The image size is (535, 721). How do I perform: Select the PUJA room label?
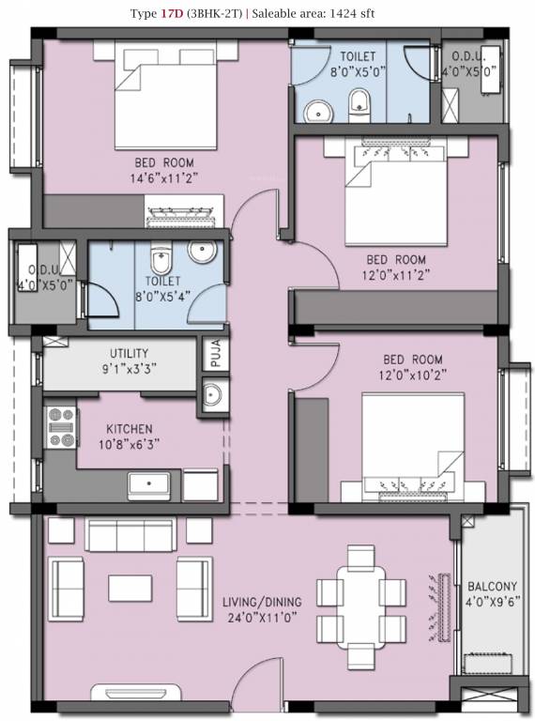pyautogui.click(x=213, y=355)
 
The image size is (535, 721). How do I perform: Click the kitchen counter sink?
pyautogui.click(x=151, y=485)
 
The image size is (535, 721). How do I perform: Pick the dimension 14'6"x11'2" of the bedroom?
pyautogui.click(x=164, y=176)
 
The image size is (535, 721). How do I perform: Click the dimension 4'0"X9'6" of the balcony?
pyautogui.click(x=492, y=603)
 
